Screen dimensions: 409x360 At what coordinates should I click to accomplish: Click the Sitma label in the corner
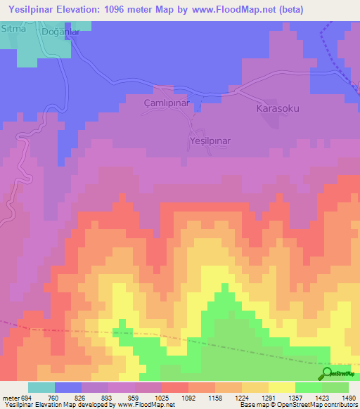point(13,29)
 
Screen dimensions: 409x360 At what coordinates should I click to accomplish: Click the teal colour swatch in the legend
point(41,387)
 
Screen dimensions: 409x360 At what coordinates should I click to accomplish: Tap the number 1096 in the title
point(120,10)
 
